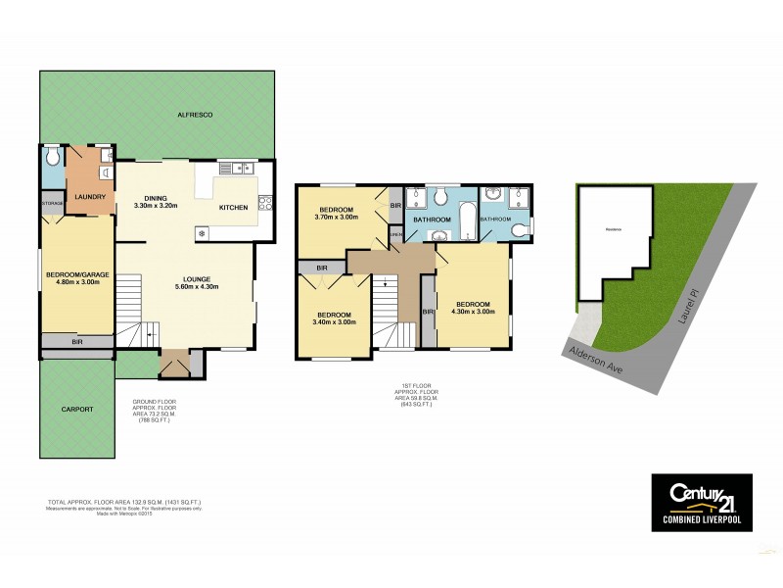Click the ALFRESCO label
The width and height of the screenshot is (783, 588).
point(195,116)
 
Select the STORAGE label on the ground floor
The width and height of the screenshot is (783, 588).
point(52,203)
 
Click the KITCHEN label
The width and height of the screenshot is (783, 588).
point(233,208)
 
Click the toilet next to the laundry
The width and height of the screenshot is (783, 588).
point(53,157)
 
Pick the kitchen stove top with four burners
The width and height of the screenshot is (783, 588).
point(264,203)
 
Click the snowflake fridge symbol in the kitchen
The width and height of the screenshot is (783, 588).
point(202,232)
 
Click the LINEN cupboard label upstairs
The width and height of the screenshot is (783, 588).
point(395,234)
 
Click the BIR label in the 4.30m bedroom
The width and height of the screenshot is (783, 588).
point(428,312)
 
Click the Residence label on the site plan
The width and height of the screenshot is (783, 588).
point(614,229)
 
